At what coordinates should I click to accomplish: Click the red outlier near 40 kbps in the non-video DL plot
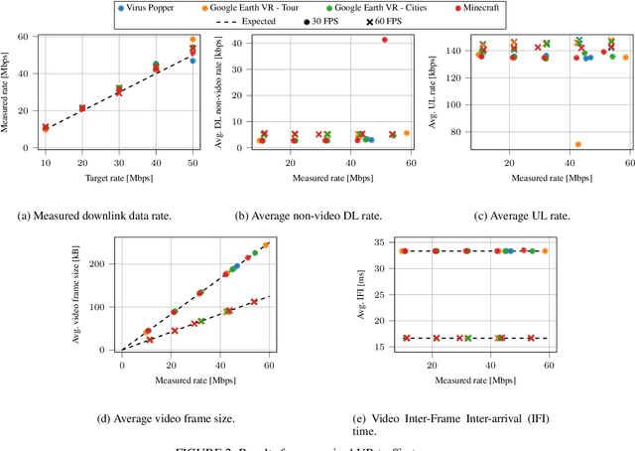pyautogui.click(x=385, y=40)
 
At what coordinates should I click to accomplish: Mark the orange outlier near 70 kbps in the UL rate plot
pyautogui.click(x=577, y=144)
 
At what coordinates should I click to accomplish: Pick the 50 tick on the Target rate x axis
pyautogui.click(x=192, y=161)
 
